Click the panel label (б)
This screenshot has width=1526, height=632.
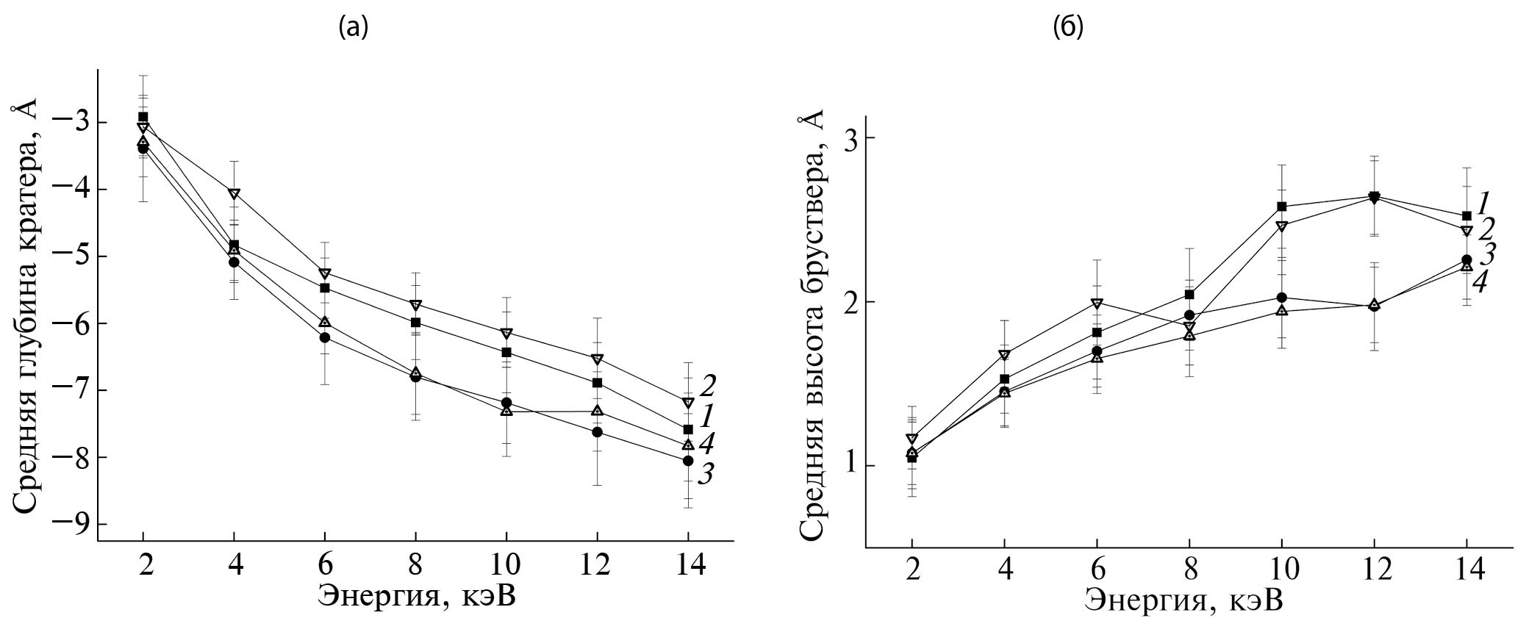tap(1068, 27)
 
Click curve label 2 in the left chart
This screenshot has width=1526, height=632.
tap(709, 384)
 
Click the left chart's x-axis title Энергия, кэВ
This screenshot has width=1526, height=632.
tap(416, 595)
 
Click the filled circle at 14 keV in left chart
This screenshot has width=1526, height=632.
tap(688, 461)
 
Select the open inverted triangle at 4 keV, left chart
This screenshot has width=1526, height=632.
tap(234, 194)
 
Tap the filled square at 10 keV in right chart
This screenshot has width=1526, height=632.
tap(1281, 207)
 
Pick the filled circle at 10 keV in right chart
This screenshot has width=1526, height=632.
tap(1281, 298)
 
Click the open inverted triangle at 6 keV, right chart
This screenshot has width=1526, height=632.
tap(1097, 304)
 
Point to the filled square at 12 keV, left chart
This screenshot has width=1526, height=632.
tap(597, 383)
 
